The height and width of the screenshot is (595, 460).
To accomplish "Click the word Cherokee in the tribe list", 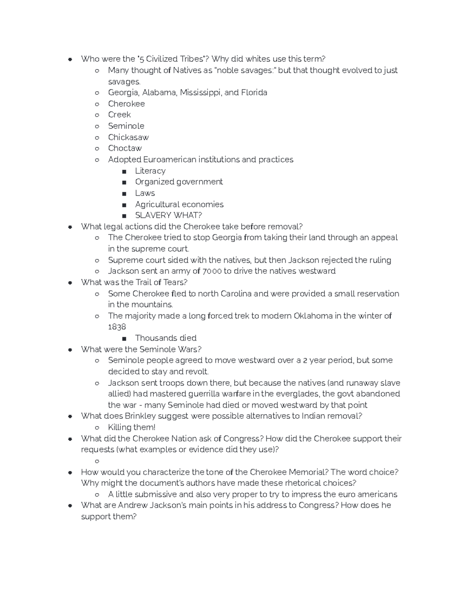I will (126, 104).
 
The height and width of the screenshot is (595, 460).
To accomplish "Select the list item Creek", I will (119, 115).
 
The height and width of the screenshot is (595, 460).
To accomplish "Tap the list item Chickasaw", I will (128, 137).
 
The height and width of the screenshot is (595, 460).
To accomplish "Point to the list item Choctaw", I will (125, 148).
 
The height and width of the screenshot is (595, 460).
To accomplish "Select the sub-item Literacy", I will (150, 171).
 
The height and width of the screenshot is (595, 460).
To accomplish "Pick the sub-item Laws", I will (145, 193).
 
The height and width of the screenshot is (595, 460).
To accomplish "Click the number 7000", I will (212, 271).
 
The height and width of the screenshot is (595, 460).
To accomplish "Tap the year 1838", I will (117, 327).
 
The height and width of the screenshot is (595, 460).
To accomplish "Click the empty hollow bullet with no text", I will (97, 461).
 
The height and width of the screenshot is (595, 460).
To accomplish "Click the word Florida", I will (254, 93).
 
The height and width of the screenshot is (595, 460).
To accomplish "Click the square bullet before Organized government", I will (124, 182).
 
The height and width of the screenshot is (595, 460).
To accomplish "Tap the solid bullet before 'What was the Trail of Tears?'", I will (70, 283).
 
